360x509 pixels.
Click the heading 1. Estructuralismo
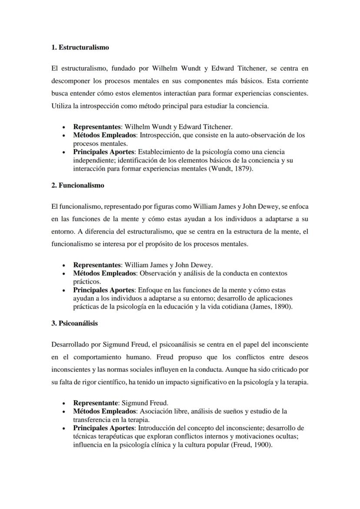point(80,47)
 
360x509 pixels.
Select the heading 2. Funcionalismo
point(77,185)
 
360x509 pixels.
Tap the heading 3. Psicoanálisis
point(74,323)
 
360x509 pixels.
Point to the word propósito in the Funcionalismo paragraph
point(163,244)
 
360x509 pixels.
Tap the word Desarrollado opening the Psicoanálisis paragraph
point(70,344)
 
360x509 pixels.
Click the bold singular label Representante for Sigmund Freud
point(95,403)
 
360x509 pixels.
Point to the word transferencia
point(92,419)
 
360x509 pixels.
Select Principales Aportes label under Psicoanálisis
point(104,428)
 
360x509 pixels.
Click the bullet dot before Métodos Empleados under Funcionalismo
point(64,274)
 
